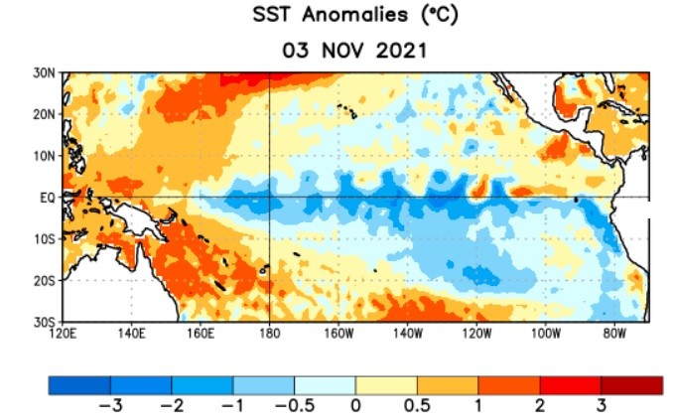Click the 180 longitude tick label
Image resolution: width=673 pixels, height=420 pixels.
[269, 334]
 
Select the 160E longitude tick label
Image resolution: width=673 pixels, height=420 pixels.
[201, 334]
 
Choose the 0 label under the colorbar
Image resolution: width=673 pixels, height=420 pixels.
[355, 407]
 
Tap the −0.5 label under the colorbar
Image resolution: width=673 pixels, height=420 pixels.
[291, 407]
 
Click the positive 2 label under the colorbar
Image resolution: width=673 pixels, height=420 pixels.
[540, 407]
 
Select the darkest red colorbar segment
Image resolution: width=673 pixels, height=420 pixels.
[631, 384]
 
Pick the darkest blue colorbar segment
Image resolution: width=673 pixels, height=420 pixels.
[79, 384]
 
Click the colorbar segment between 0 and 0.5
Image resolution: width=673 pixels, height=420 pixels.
[386, 384]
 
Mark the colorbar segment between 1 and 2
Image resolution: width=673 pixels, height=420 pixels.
[509, 384]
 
